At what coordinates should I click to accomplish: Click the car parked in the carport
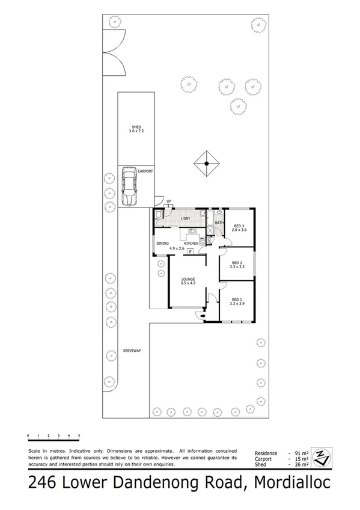click(128, 185)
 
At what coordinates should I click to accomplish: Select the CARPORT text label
click(145, 171)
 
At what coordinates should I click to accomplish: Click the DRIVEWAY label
click(132, 350)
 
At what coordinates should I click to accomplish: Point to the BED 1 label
click(236, 300)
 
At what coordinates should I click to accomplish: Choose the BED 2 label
click(237, 263)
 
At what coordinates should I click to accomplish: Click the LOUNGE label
click(189, 280)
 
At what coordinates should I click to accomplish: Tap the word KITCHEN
click(191, 243)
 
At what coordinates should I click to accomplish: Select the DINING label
click(162, 243)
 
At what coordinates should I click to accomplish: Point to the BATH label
click(219, 223)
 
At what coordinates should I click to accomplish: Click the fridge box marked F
click(191, 251)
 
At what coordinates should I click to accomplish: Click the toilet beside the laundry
click(157, 215)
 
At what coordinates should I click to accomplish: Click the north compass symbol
click(323, 458)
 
